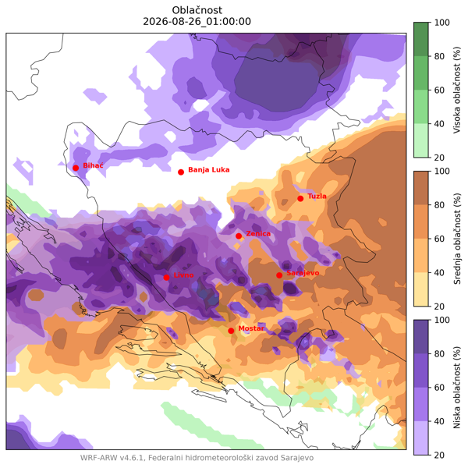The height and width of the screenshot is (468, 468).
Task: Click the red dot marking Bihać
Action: point(76,168)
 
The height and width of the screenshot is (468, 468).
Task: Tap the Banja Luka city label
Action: point(208,170)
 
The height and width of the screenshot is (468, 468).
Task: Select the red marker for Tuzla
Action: point(300,198)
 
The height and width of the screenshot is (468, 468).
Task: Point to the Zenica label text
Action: point(258,233)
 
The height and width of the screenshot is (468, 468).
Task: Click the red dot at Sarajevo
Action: point(279,275)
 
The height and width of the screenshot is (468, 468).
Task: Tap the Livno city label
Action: point(183,275)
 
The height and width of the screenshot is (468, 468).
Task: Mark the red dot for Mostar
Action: point(231,331)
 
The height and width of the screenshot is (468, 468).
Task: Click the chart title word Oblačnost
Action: point(197,10)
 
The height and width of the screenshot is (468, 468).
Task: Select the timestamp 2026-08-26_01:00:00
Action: point(197,22)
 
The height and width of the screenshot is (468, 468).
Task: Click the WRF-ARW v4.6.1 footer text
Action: point(112,458)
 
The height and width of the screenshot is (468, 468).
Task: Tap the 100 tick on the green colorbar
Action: point(442,23)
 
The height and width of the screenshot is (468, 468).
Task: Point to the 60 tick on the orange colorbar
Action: point(439,239)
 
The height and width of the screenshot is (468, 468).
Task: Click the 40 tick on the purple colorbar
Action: point(439,421)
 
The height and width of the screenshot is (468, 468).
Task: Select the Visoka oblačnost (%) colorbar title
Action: point(457,90)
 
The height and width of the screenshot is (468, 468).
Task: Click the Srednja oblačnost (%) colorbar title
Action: point(457,239)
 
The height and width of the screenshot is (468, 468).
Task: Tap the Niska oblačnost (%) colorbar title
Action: point(457,388)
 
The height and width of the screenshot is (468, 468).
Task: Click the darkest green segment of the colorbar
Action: point(421,39)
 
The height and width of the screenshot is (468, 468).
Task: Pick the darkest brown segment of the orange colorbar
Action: point(421,188)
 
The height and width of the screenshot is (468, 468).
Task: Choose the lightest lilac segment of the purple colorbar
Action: point(421,438)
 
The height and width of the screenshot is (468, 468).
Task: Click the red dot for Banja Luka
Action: point(181,172)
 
